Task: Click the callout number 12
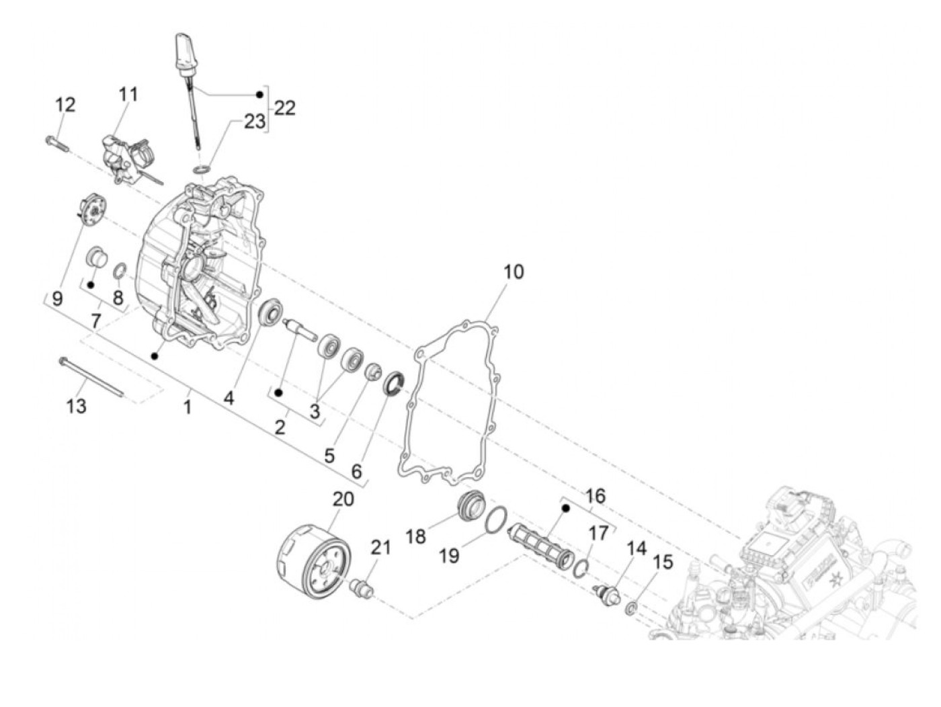click(x=65, y=106)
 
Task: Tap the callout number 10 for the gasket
click(x=513, y=272)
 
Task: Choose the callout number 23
click(x=255, y=121)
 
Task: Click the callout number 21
click(x=380, y=548)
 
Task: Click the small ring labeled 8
click(x=118, y=272)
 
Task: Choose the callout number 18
click(x=416, y=536)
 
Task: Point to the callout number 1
click(x=188, y=407)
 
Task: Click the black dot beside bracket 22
click(x=259, y=93)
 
